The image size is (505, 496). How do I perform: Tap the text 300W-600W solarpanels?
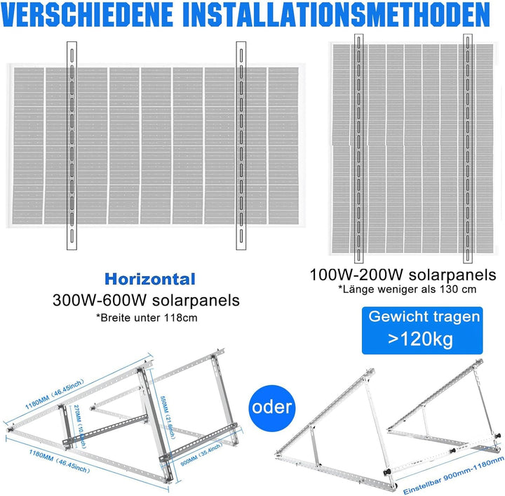click(x=146, y=300)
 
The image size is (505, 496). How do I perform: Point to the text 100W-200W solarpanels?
click(x=403, y=273)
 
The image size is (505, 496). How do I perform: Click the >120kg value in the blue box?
click(x=420, y=340)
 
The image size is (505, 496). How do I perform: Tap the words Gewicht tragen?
click(x=425, y=317)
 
